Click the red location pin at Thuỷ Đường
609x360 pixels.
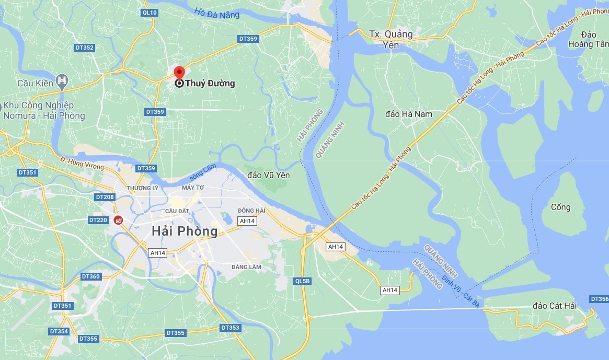179,74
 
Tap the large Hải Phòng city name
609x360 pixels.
184,231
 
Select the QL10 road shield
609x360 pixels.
150,12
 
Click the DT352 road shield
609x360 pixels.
84,48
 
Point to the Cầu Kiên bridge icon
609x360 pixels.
62,80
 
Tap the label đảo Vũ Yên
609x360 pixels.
269,175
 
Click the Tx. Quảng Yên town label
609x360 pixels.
390,39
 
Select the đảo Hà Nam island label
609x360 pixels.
409,113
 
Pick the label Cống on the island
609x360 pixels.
560,207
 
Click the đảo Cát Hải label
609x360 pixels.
555,306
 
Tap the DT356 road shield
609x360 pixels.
599,299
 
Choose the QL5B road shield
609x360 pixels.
302,281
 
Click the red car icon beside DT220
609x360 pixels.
119,220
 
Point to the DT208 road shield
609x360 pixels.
105,197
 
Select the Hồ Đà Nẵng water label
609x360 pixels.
216,12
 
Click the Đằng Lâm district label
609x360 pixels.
246,267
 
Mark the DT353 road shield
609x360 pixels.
230,328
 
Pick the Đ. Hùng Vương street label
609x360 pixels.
82,162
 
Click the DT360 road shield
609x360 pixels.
90,276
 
